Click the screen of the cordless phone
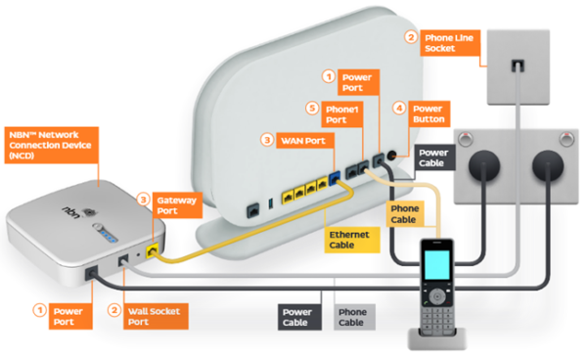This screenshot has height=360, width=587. pyautogui.click(x=438, y=261)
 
